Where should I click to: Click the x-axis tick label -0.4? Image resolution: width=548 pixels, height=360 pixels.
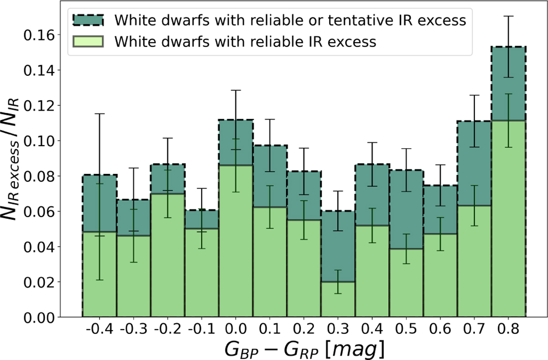[100, 329]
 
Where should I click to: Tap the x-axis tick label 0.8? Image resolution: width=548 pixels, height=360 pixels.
[508, 329]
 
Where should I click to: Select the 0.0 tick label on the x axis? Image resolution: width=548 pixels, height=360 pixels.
[236, 329]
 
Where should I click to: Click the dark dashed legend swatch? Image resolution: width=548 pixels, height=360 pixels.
[88, 20]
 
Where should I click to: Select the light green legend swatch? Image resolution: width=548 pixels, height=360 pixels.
[88, 42]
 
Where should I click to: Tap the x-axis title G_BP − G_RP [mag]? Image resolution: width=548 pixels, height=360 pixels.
[304, 350]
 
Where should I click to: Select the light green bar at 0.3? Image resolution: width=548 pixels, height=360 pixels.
[338, 299]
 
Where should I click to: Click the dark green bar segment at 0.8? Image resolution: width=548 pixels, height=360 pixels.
[508, 83]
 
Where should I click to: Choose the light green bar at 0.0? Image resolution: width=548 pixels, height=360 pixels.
[236, 241]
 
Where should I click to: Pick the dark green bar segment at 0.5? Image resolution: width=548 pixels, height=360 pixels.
[406, 209]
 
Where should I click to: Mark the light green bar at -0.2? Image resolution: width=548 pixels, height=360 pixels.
[168, 255]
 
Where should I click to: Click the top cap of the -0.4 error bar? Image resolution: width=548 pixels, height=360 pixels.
[100, 114]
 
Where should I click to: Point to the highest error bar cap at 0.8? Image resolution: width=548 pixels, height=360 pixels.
[508, 16]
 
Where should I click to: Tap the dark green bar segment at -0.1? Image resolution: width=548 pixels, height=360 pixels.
[201, 219]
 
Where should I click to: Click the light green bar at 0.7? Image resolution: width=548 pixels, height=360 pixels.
[474, 261]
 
